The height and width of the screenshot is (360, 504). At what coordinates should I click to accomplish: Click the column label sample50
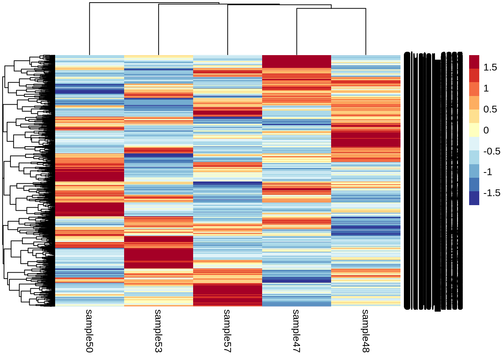89,331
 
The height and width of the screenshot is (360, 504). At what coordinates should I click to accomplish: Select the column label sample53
158,331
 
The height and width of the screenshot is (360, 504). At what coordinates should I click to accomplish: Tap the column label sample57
227,331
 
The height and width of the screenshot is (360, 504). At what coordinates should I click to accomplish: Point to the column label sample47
296,331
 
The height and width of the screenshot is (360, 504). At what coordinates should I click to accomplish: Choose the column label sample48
366,331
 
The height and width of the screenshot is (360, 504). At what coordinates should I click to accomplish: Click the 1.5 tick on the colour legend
490,67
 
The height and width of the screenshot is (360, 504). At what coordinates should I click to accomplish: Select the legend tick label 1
486,88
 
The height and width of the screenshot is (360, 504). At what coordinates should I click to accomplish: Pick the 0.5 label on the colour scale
490,109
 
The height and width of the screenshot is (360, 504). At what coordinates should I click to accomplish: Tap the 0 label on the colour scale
486,130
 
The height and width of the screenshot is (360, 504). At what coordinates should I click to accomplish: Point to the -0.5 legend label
491,151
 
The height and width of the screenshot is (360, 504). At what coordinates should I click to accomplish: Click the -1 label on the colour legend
487,172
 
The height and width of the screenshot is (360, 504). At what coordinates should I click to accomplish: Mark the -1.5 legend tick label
491,193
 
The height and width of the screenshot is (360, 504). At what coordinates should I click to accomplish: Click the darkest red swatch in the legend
474,62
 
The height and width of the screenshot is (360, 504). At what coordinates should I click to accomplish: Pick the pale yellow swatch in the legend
474,130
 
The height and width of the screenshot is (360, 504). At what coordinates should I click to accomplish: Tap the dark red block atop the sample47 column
297,61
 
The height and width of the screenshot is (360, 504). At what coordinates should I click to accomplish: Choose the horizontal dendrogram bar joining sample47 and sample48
331,9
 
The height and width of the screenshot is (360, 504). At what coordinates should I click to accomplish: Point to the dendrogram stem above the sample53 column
159,30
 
